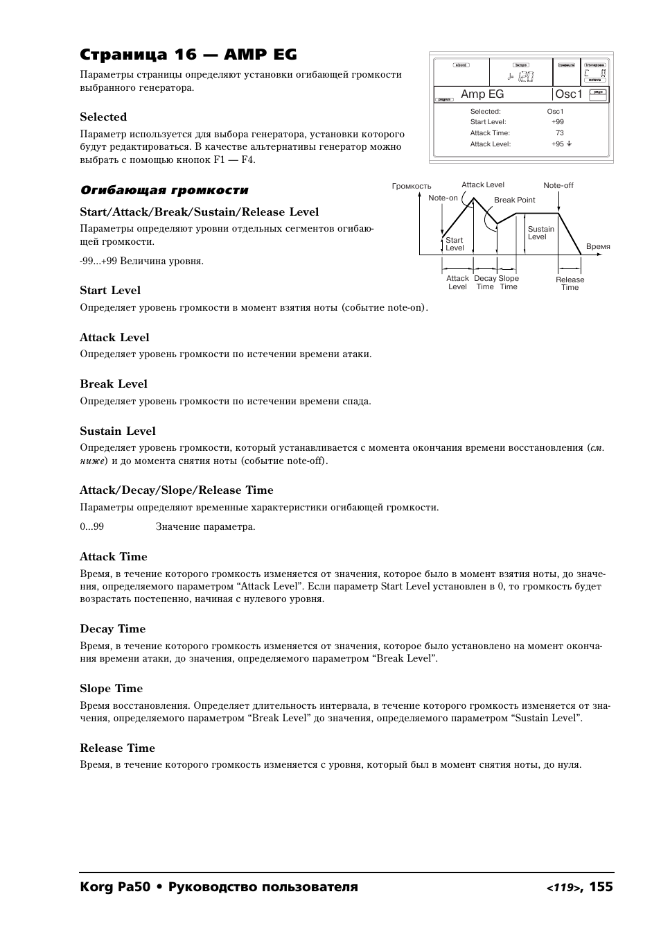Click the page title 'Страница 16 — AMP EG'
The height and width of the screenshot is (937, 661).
(x=188, y=55)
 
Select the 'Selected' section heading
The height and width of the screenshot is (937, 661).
(x=103, y=117)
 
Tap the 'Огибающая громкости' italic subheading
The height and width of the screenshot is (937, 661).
(x=164, y=191)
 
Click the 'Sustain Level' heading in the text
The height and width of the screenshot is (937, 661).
(x=118, y=431)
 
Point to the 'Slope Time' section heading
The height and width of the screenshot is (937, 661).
(x=111, y=689)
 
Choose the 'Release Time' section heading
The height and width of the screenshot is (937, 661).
(x=117, y=748)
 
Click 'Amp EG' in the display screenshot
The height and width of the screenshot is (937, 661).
(x=482, y=94)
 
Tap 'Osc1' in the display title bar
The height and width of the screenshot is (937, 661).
(x=569, y=94)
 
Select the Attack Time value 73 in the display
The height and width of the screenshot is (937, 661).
(x=559, y=133)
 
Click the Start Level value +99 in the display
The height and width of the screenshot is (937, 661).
(x=558, y=122)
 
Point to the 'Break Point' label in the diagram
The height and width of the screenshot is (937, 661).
(x=514, y=200)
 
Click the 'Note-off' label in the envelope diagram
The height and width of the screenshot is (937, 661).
(x=558, y=186)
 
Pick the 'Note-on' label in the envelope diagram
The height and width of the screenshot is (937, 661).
(x=443, y=198)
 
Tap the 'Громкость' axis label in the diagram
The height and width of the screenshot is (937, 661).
(x=412, y=187)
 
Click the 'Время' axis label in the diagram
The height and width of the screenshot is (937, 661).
(x=598, y=247)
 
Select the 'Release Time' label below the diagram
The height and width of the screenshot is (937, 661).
(x=570, y=284)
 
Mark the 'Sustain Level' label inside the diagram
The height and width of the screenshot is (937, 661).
(x=540, y=233)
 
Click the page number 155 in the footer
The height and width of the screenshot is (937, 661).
(x=601, y=886)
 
